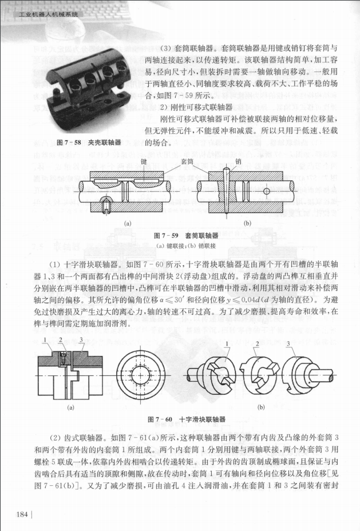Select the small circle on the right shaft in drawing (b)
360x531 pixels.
pyautogui.click(x=267, y=190)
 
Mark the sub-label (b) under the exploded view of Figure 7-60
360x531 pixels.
pyautogui.click(x=261, y=407)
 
